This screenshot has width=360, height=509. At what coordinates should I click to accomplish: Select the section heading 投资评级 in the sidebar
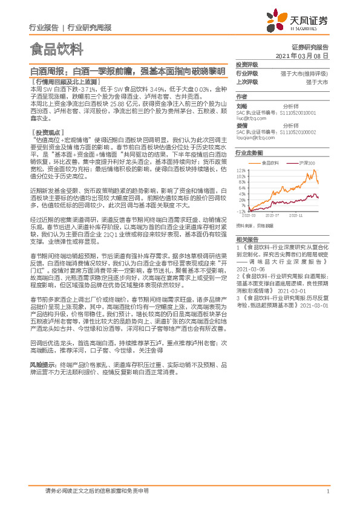point(247,64)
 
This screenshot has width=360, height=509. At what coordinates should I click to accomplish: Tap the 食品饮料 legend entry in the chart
point(269,163)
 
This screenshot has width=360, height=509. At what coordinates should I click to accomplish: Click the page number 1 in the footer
point(327,491)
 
